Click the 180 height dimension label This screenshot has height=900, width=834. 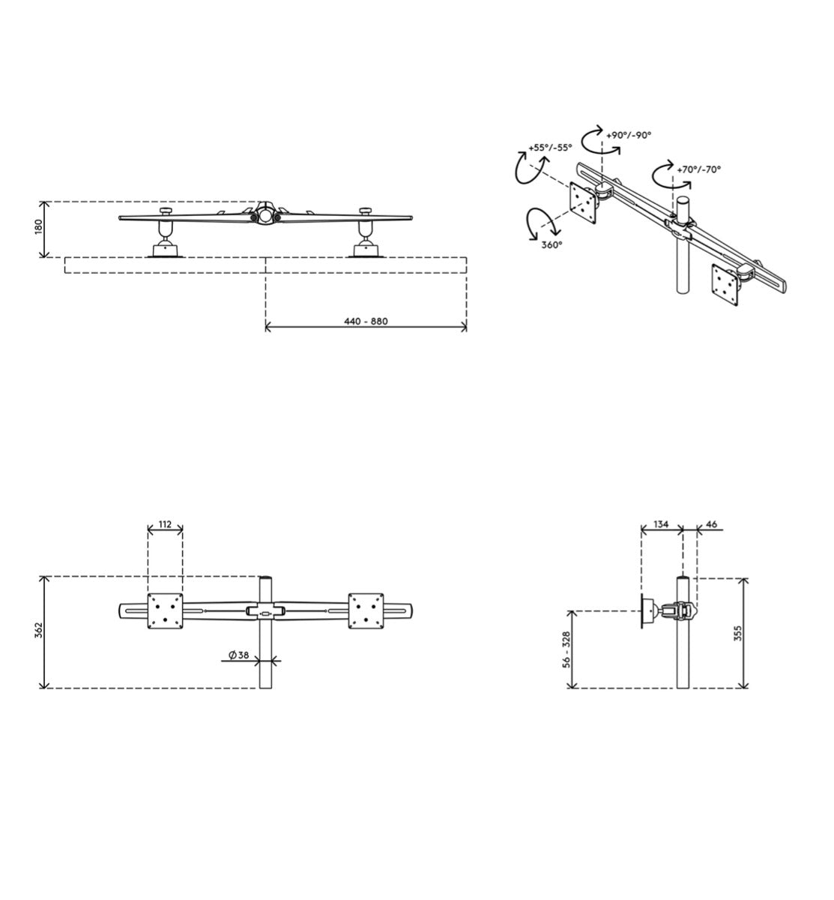[x=38, y=226]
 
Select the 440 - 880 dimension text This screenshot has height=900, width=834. [x=366, y=321]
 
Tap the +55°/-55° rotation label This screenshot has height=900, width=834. [x=550, y=148]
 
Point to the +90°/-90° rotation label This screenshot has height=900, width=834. [x=629, y=135]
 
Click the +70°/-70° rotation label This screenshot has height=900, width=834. [x=698, y=169]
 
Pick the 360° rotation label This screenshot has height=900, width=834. [x=552, y=244]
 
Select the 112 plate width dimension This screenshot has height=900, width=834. [x=166, y=524]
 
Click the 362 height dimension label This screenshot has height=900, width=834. [x=38, y=631]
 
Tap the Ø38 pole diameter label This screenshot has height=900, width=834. [x=239, y=655]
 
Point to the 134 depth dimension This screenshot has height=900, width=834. [x=661, y=524]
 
